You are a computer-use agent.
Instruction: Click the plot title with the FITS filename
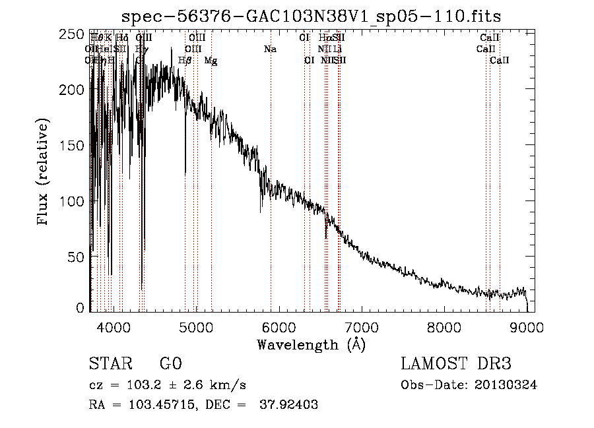(316, 16)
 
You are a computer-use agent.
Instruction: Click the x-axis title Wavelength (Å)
(311, 344)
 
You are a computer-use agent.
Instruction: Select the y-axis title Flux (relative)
(44, 173)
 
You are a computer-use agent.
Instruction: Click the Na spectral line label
(269, 49)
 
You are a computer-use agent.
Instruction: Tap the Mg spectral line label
(211, 61)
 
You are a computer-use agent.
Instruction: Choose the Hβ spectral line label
(185, 61)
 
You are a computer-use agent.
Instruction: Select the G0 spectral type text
(171, 364)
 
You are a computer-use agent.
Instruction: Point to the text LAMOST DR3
(456, 364)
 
